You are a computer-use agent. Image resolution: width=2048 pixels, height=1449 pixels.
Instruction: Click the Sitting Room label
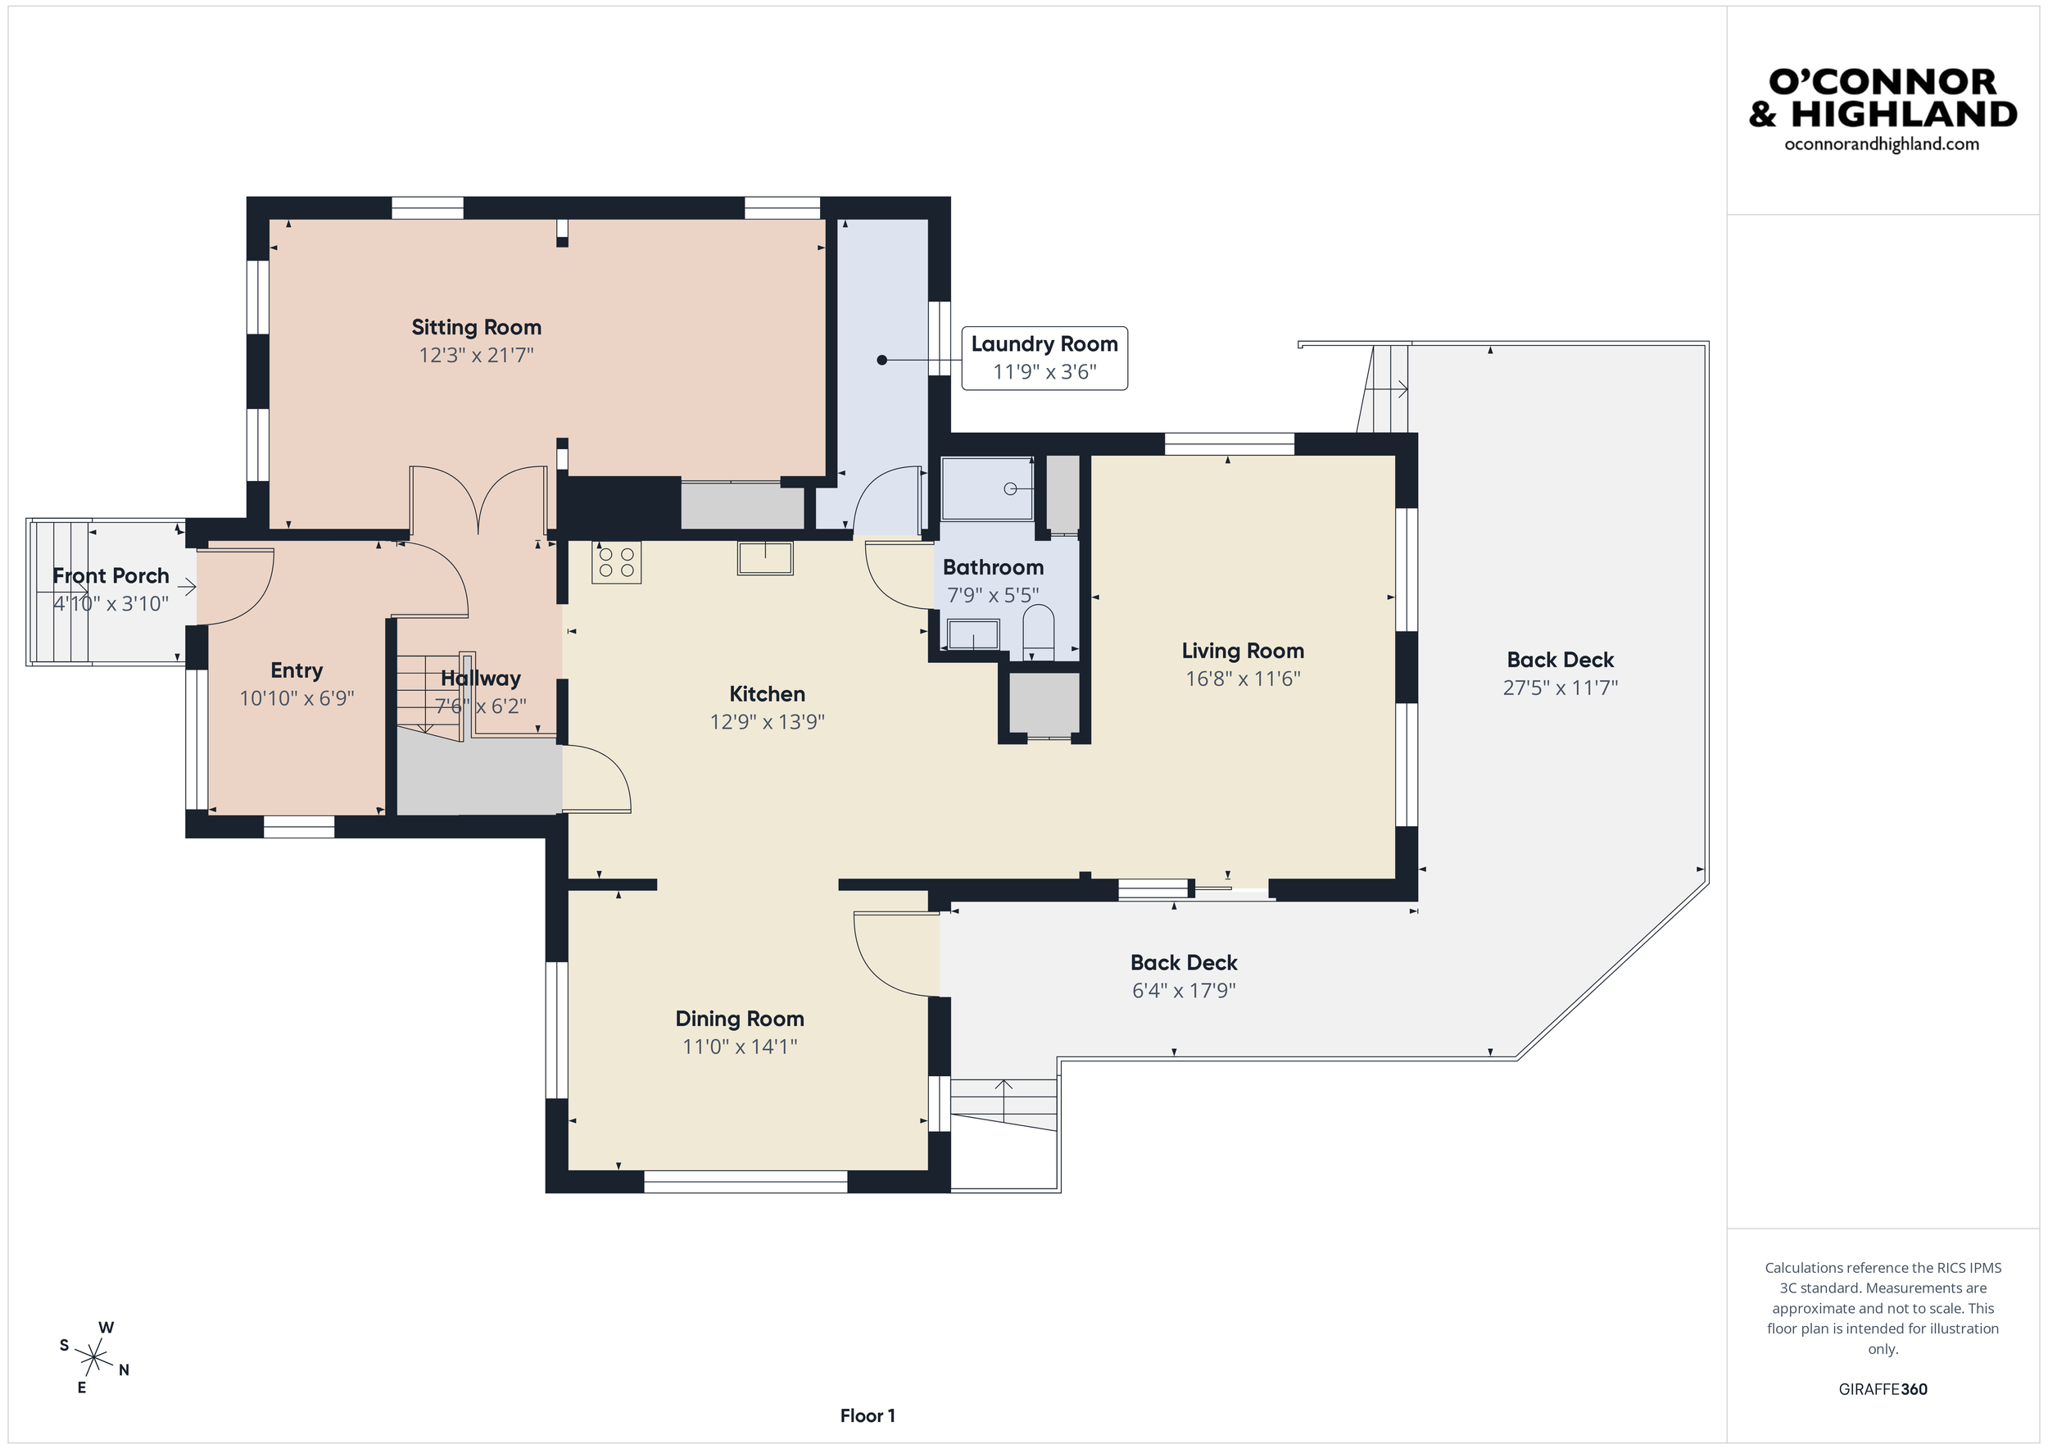pyautogui.click(x=475, y=328)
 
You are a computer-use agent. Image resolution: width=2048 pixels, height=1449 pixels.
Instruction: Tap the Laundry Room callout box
pyautogui.click(x=1044, y=358)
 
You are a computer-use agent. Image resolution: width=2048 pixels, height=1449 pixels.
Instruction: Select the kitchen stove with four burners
pyautogui.click(x=616, y=562)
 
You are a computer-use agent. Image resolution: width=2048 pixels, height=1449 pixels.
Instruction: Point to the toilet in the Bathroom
pyautogui.click(x=1037, y=628)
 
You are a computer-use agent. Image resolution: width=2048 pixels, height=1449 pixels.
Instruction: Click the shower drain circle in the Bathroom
pyautogui.click(x=1010, y=488)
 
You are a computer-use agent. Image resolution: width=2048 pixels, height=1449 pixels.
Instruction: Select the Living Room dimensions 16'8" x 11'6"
pyautogui.click(x=1242, y=679)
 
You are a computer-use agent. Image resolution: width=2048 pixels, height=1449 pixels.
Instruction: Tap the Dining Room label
pyautogui.click(x=740, y=1019)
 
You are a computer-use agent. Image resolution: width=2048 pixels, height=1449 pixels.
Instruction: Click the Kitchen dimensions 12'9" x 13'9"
pyautogui.click(x=766, y=722)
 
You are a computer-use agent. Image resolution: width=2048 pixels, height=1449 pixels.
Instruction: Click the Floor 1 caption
pyautogui.click(x=867, y=1415)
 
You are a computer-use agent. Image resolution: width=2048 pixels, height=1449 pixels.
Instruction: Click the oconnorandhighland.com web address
pyautogui.click(x=1881, y=144)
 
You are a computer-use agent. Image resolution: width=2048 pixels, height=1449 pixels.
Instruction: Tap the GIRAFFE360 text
pyautogui.click(x=1882, y=1389)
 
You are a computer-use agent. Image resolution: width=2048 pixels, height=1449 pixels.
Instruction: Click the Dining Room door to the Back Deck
pyautogui.click(x=895, y=953)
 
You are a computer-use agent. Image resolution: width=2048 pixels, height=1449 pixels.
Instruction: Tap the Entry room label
pyautogui.click(x=296, y=671)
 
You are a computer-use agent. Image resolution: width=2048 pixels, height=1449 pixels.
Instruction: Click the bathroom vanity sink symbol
pyautogui.click(x=972, y=634)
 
